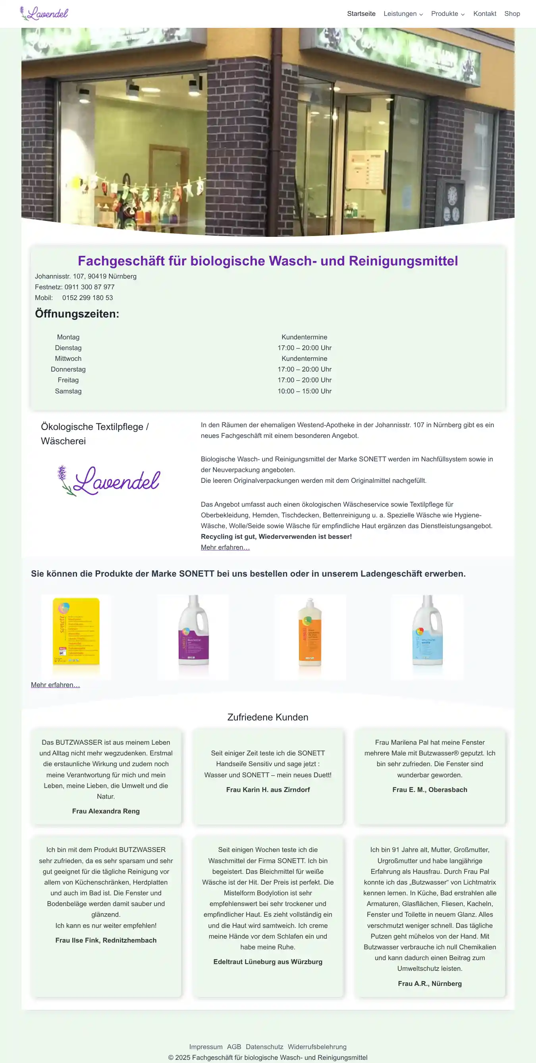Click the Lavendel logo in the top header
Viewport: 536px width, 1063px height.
tap(44, 14)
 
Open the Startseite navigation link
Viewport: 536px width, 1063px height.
tap(361, 14)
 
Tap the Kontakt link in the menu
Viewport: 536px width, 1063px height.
tap(484, 14)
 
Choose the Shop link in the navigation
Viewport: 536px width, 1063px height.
tap(512, 14)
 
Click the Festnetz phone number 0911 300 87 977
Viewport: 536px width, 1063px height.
tap(89, 287)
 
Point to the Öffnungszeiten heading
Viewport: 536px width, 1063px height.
tap(77, 314)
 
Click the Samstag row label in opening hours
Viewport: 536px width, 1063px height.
tap(68, 391)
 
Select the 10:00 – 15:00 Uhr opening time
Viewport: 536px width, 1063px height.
tap(304, 391)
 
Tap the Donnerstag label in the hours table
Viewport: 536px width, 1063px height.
tap(68, 369)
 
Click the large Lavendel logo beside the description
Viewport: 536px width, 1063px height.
tap(108, 480)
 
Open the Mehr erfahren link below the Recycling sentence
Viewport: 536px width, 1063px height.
tap(225, 547)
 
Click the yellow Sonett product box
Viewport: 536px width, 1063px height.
tap(76, 631)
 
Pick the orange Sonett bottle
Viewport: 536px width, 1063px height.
tap(310, 631)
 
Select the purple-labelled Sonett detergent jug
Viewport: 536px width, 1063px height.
tap(193, 631)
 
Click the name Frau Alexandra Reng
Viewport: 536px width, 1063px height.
tap(106, 811)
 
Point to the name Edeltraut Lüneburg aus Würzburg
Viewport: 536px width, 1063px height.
tap(268, 962)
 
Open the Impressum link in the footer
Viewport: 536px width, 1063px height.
tap(206, 1046)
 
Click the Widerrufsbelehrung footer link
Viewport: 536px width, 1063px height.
tap(317, 1046)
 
